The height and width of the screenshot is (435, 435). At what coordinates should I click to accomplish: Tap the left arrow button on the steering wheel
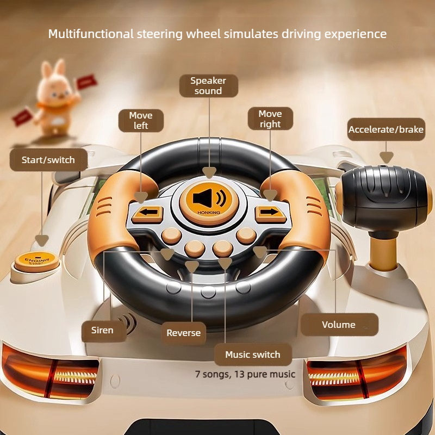147,214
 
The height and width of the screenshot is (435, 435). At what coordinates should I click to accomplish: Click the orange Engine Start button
36,262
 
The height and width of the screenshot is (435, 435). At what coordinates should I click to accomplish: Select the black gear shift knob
384,198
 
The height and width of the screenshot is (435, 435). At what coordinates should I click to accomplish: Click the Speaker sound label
209,86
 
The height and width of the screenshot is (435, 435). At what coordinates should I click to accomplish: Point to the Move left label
141,120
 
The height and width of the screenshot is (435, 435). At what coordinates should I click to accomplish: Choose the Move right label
270,119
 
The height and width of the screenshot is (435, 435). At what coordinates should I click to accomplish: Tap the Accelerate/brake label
386,129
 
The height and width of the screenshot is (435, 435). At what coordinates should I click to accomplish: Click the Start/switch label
48,159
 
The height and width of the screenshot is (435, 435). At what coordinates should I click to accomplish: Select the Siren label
103,330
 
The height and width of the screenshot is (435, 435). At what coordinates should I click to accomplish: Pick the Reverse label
183,333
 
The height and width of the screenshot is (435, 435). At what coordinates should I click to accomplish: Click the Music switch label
253,355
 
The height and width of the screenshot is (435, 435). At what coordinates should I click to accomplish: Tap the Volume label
339,324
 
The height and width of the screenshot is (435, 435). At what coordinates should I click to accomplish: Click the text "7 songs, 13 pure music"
245,374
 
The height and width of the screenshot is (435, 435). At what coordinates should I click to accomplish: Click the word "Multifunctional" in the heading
91,34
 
